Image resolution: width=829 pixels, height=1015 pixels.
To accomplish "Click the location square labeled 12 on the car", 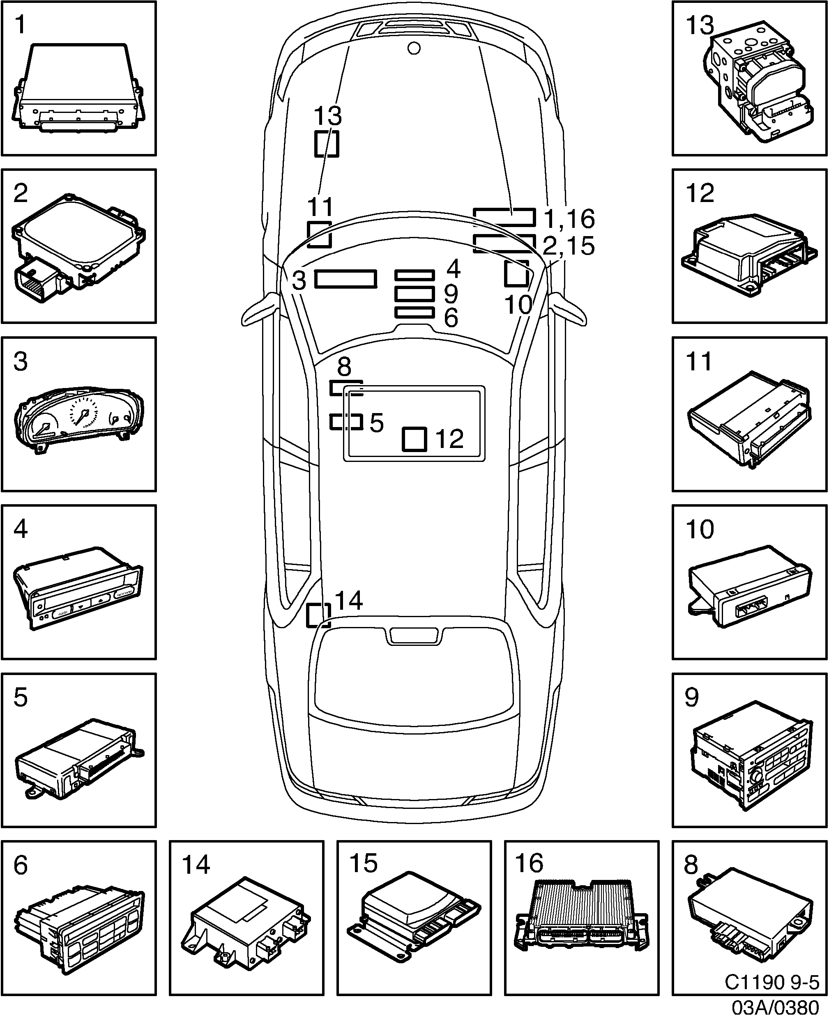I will [414, 439].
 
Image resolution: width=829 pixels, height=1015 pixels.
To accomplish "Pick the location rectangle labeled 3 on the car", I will [345, 279].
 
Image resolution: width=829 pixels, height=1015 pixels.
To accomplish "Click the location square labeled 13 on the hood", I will [327, 143].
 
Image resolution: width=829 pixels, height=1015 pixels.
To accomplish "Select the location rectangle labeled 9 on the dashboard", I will [414, 294].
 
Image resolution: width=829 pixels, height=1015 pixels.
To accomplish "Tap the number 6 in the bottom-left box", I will [21, 865].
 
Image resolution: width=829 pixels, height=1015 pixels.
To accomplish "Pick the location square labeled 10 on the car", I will [517, 273].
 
